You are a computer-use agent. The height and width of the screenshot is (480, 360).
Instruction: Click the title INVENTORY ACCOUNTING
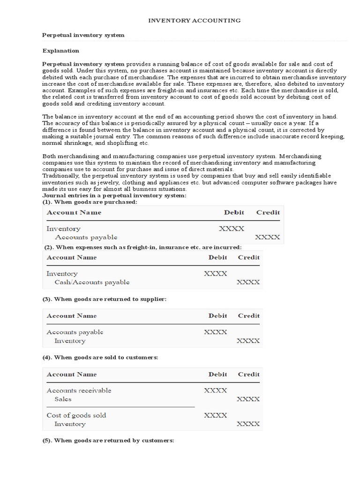tap(195, 21)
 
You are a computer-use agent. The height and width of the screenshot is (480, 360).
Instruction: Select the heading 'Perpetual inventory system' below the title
tap(83, 35)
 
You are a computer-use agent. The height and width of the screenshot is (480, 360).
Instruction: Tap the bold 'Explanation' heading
tap(61, 51)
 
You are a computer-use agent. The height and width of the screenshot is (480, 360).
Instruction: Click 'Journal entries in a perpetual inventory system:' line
tap(114, 195)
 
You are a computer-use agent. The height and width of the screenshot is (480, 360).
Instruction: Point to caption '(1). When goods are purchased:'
tap(90, 202)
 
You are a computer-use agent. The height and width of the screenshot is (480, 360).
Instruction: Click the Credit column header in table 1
tap(268, 212)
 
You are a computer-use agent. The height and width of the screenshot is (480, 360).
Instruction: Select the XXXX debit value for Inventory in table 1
tap(232, 229)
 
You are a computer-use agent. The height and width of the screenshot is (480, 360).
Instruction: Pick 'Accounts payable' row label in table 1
tap(86, 237)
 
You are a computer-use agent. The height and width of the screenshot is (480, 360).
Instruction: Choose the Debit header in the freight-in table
tap(217, 257)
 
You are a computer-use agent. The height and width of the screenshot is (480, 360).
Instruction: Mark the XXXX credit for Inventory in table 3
tap(248, 341)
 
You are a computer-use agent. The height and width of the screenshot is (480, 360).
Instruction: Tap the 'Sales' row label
tap(63, 399)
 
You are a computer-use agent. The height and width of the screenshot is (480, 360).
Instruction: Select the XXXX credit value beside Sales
tap(248, 399)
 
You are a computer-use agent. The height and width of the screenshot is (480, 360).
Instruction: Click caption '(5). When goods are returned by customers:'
tap(108, 441)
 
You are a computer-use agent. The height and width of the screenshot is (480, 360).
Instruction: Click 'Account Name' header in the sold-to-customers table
tap(71, 374)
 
